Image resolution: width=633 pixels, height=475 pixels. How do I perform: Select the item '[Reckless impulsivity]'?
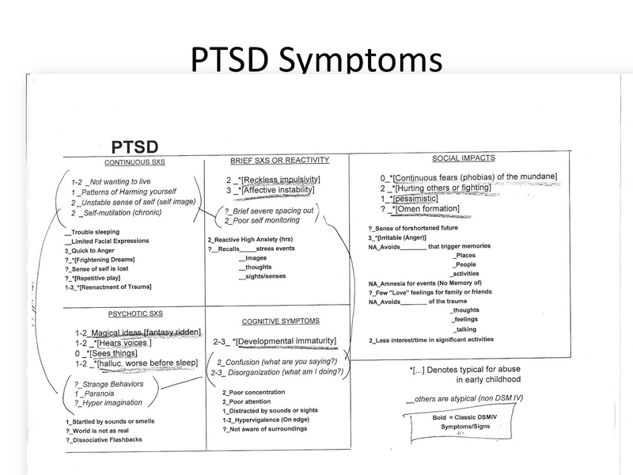coord(275,179)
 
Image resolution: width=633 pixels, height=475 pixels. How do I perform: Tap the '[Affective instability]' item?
coord(277,191)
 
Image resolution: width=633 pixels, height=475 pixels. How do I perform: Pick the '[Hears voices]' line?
coord(123,343)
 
